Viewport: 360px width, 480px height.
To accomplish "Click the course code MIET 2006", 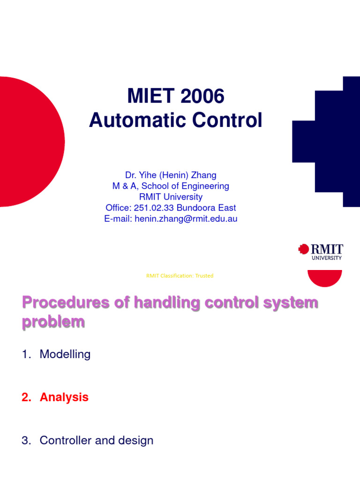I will pyautogui.click(x=176, y=97).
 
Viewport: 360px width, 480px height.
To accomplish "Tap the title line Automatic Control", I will pyautogui.click(x=176, y=120).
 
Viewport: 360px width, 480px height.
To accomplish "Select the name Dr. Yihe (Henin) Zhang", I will pyautogui.click(x=171, y=175).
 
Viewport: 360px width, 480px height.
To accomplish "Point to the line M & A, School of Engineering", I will pyautogui.click(x=171, y=186).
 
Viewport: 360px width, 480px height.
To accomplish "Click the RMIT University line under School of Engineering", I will pyautogui.click(x=171, y=197).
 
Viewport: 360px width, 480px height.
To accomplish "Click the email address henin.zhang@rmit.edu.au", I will pyautogui.click(x=186, y=219).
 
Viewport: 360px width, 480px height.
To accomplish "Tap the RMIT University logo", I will pyautogui.click(x=321, y=251).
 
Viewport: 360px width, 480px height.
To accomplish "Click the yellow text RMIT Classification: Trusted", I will pyautogui.click(x=180, y=276).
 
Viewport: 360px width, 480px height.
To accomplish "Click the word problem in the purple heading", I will pyautogui.click(x=53, y=322).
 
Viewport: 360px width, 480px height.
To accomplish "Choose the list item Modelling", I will pyautogui.click(x=65, y=354).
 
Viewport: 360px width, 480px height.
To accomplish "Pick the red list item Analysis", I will pyautogui.click(x=64, y=397).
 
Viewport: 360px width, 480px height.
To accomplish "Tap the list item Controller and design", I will pyautogui.click(x=96, y=441).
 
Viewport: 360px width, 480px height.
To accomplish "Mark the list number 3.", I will pyautogui.click(x=25, y=441).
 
